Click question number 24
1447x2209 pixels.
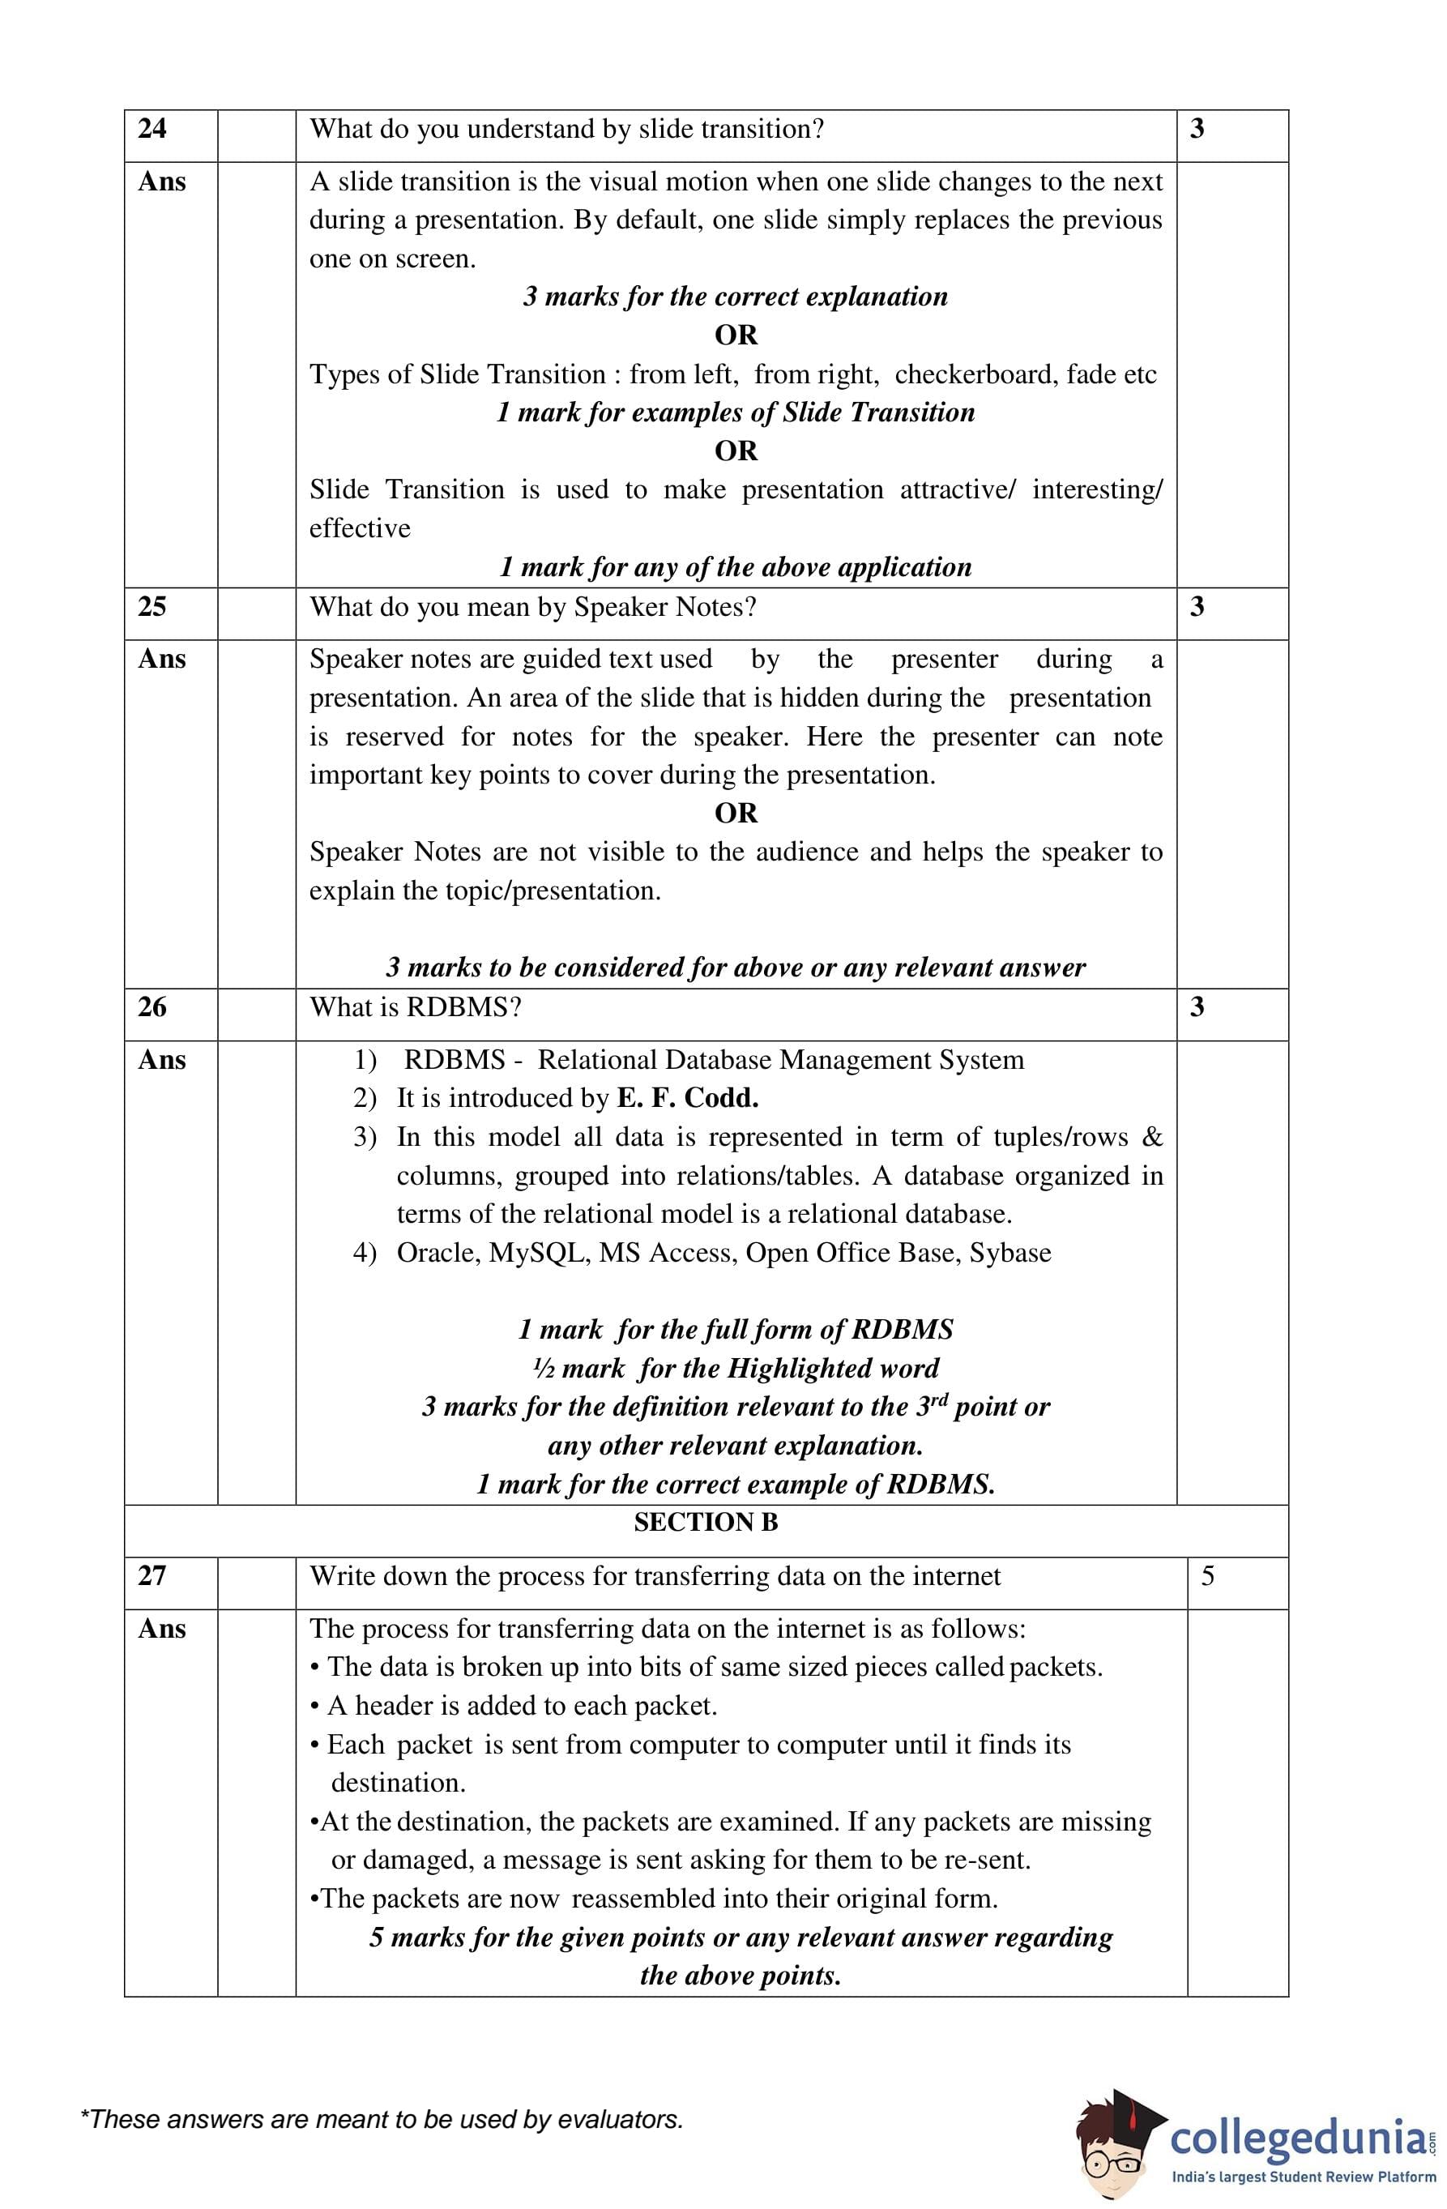[152, 129]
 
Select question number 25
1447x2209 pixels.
[152, 607]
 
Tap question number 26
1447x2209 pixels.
[152, 1007]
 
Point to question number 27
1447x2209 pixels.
[152, 1576]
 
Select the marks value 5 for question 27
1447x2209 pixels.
[1207, 1576]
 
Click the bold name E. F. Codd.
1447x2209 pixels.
[687, 1099]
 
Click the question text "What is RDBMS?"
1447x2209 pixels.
[415, 1007]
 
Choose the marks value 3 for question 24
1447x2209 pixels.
[1197, 129]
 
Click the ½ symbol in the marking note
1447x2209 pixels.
[543, 1369]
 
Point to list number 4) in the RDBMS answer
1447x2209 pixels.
[365, 1254]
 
